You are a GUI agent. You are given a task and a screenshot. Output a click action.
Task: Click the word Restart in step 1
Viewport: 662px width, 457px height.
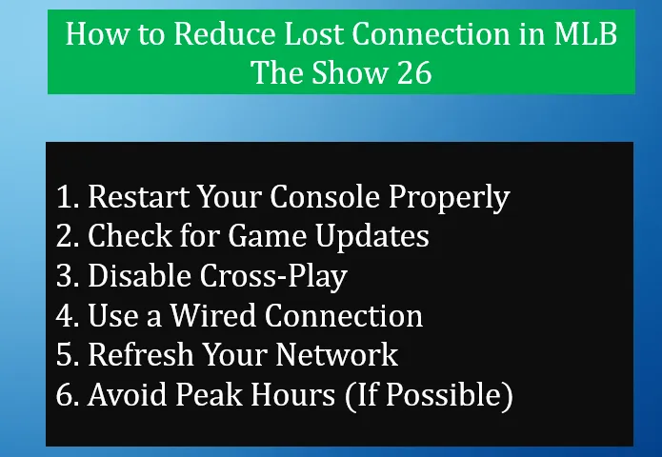(135, 197)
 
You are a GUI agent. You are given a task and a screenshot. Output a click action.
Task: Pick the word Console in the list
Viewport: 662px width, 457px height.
(322, 197)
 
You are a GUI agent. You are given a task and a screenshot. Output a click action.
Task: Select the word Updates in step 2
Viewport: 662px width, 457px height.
(376, 237)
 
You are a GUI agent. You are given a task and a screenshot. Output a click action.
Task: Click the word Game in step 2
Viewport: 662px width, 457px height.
(270, 236)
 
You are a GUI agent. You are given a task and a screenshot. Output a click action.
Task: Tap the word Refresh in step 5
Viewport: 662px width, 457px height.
(135, 354)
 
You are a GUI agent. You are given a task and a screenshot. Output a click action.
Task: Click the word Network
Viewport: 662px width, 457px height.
(337, 354)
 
